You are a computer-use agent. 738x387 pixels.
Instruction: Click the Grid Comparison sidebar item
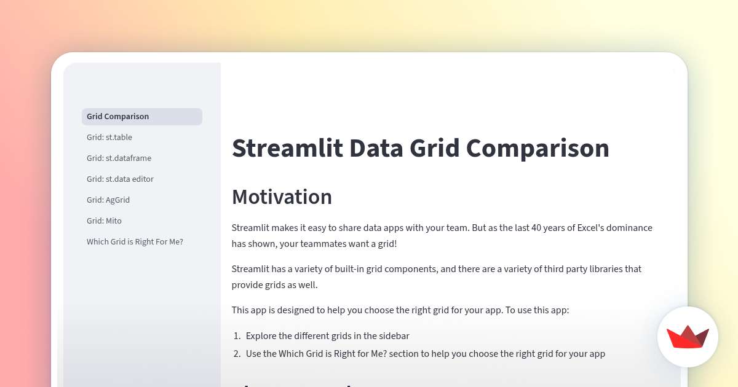(118, 117)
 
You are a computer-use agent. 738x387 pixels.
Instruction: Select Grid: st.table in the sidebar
(109, 138)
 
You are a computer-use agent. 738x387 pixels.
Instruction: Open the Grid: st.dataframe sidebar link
(119, 158)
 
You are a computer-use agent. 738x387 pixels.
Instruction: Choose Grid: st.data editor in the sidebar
(120, 179)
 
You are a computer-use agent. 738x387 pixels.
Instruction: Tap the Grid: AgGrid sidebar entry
(108, 200)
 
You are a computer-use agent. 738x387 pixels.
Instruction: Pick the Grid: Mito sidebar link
(104, 221)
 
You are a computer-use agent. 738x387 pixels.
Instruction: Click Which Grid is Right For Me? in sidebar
(135, 242)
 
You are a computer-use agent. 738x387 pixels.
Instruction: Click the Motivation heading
(282, 197)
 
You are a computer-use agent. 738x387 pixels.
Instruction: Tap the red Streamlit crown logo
(688, 337)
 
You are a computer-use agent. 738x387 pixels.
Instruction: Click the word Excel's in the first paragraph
(592, 228)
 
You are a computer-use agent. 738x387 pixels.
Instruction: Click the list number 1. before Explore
(237, 336)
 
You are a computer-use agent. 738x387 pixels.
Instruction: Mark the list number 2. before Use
(237, 354)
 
